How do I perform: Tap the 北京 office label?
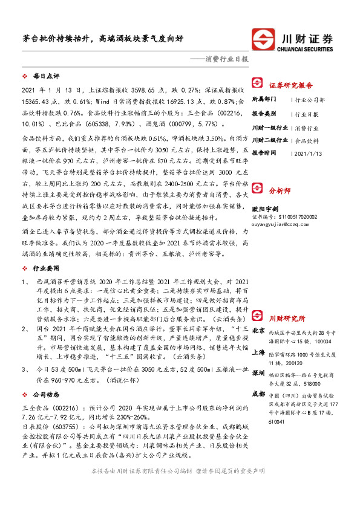258,330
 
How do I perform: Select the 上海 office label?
258,352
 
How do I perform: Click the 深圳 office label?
258,372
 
